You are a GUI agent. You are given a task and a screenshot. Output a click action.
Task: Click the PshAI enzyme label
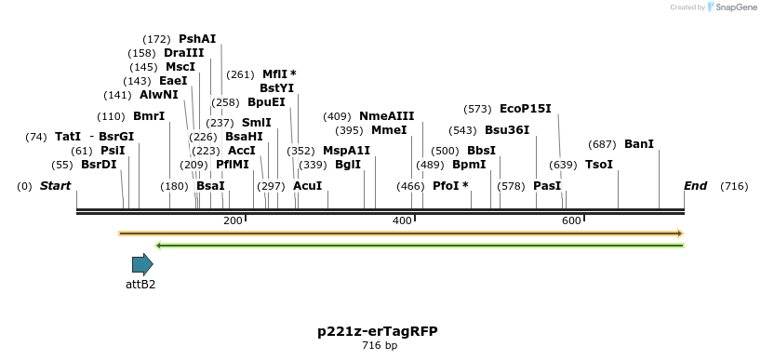click(197, 39)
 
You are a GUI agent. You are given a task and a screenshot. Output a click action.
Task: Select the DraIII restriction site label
click(183, 53)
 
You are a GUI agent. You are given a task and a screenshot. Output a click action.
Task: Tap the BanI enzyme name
click(639, 144)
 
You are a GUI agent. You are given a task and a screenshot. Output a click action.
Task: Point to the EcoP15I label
click(526, 109)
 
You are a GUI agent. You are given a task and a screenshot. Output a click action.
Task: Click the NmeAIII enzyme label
click(386, 116)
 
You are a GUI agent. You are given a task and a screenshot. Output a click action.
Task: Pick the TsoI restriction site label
click(599, 165)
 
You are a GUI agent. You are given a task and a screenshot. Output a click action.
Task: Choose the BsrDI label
click(99, 165)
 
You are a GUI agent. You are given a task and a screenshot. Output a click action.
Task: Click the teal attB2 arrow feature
click(142, 264)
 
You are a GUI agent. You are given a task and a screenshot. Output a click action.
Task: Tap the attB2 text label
click(140, 284)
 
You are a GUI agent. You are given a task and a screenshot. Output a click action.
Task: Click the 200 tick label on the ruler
click(233, 220)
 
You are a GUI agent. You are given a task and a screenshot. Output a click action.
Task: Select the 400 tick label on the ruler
click(402, 220)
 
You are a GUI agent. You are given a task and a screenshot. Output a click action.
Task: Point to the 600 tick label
click(571, 220)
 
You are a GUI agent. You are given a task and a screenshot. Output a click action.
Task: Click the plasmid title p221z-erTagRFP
click(378, 331)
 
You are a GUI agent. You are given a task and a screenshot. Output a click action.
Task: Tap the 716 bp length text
click(380, 346)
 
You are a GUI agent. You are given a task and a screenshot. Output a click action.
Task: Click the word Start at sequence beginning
click(55, 186)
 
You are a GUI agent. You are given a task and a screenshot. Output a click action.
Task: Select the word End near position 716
click(696, 186)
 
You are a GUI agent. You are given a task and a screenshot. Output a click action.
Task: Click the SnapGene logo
click(731, 7)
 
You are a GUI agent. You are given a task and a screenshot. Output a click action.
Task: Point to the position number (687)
click(603, 144)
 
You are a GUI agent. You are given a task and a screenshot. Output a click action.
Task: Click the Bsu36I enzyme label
click(507, 130)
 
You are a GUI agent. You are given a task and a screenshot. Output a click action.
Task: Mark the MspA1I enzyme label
click(346, 151)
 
